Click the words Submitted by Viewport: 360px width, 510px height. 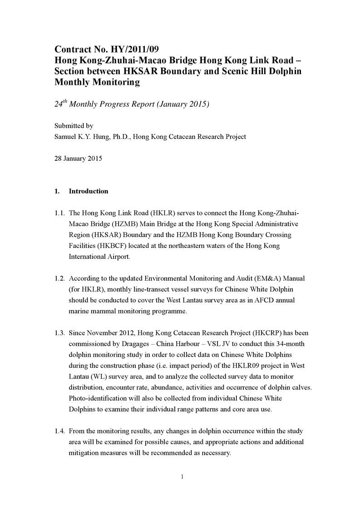point(74,126)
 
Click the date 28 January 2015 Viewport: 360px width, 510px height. point(78,158)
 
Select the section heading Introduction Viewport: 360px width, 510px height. point(89,191)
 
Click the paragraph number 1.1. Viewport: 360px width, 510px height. point(60,213)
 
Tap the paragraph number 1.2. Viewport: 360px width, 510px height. point(60,278)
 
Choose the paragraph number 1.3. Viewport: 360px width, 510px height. point(60,333)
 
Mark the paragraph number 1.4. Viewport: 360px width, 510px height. point(60,431)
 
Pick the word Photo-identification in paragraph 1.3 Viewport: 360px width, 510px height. point(99,398)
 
